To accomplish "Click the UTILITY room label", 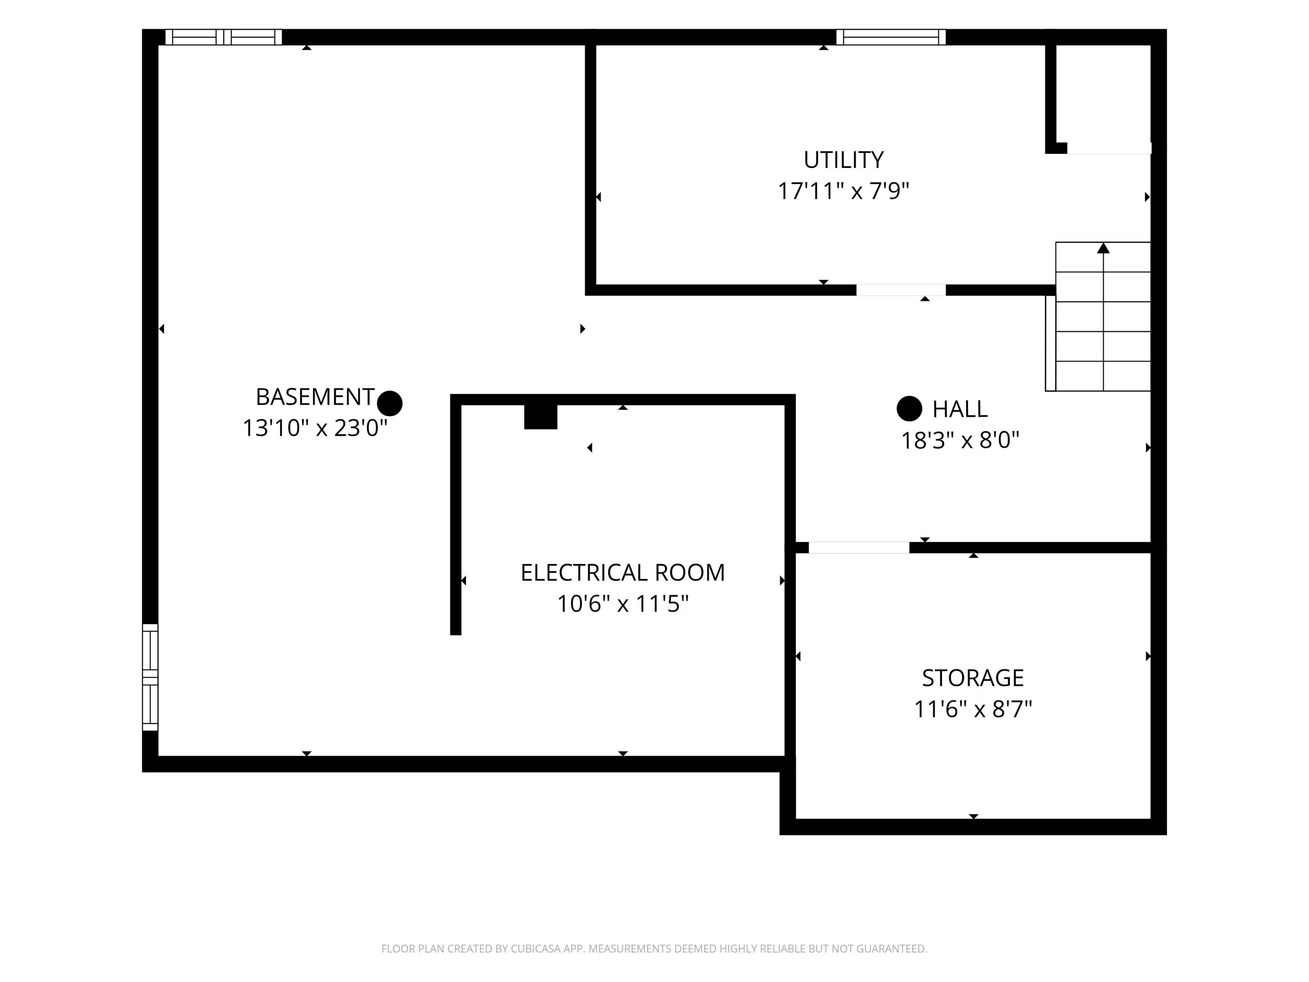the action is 843,160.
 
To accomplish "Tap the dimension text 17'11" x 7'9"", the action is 843,191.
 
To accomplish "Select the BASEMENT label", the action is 315,396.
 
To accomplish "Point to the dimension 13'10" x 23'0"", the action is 315,428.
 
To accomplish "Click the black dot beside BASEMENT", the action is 390,404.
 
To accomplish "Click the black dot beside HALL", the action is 910,408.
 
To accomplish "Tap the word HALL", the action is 960,409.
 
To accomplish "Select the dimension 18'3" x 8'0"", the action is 960,440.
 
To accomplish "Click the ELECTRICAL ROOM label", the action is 623,572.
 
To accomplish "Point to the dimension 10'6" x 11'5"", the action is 623,604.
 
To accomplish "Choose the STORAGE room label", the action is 973,678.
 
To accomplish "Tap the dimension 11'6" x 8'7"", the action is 973,709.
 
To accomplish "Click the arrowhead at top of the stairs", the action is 1103,248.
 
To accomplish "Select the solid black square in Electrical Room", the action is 541,417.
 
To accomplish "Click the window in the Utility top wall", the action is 891,37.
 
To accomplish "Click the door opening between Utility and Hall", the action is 901,290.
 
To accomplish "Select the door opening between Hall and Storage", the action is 859,548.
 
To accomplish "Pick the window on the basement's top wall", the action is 223,37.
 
